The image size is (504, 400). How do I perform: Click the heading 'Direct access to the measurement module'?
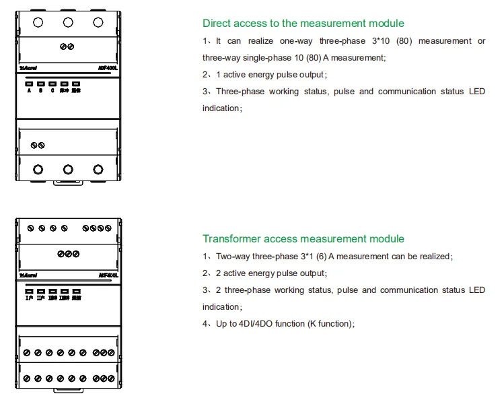click(x=303, y=24)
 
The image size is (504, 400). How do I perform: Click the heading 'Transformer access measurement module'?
click(x=303, y=239)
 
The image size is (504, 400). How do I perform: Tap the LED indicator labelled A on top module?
click(x=29, y=84)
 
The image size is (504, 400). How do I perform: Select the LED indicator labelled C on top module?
click(x=52, y=84)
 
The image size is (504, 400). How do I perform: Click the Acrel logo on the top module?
click(x=29, y=69)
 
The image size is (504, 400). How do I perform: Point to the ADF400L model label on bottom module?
click(x=108, y=275)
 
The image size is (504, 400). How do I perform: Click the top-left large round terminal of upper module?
click(x=38, y=22)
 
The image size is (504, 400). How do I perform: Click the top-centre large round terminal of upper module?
click(x=68, y=22)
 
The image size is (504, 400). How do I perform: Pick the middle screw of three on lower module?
click(x=68, y=253)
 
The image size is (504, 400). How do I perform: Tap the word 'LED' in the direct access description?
click(x=476, y=92)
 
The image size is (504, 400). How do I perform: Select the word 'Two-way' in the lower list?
click(x=233, y=257)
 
